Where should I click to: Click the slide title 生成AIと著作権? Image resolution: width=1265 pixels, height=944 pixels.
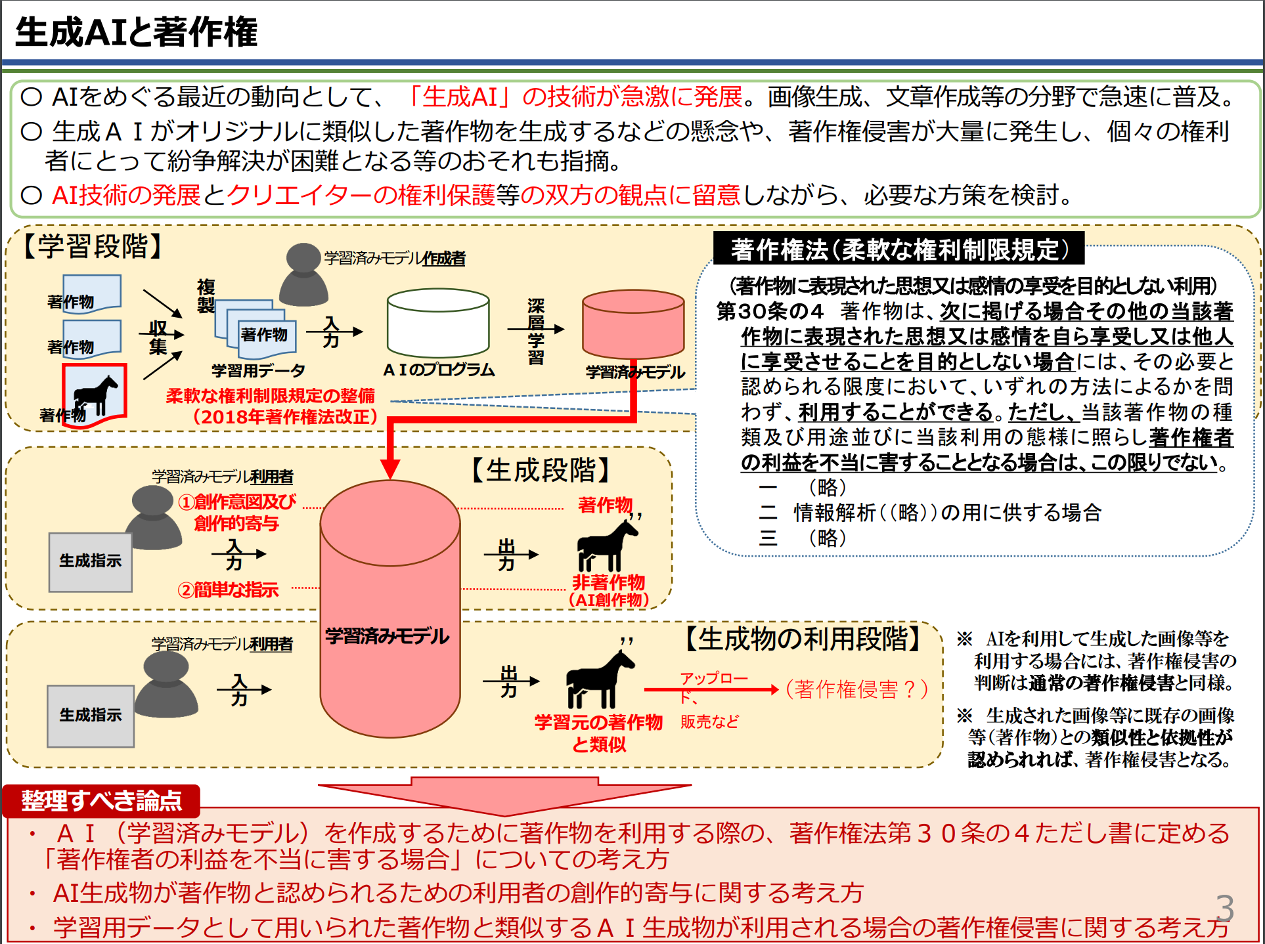coord(137,32)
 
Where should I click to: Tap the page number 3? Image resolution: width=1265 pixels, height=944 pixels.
coord(1224,908)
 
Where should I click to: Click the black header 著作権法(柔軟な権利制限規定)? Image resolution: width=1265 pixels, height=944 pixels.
coord(899,249)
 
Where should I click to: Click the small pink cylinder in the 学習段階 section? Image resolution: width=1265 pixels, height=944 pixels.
coord(633,324)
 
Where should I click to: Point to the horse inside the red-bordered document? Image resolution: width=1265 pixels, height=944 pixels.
coord(95,395)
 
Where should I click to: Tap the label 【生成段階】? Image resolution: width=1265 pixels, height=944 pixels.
coord(542,470)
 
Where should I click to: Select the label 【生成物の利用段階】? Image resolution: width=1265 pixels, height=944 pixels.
coord(804,638)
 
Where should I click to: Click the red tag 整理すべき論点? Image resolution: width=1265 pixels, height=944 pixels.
coord(101,800)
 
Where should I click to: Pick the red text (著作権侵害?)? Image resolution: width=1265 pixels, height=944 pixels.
coord(856,689)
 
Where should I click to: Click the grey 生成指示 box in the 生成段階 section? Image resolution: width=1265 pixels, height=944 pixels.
coord(90,561)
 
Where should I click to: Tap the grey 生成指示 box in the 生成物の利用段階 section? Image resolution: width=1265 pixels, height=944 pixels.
coord(90,716)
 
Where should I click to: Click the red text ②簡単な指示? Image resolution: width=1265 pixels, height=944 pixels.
coord(228,590)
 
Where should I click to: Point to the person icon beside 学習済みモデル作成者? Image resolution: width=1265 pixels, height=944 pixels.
coord(303,276)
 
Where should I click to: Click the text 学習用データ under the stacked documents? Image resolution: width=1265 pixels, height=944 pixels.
coord(258,370)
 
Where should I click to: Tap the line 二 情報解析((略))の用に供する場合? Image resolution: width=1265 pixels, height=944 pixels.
coord(929,513)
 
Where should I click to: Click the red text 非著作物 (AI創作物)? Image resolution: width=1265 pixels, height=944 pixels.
coord(608,590)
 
